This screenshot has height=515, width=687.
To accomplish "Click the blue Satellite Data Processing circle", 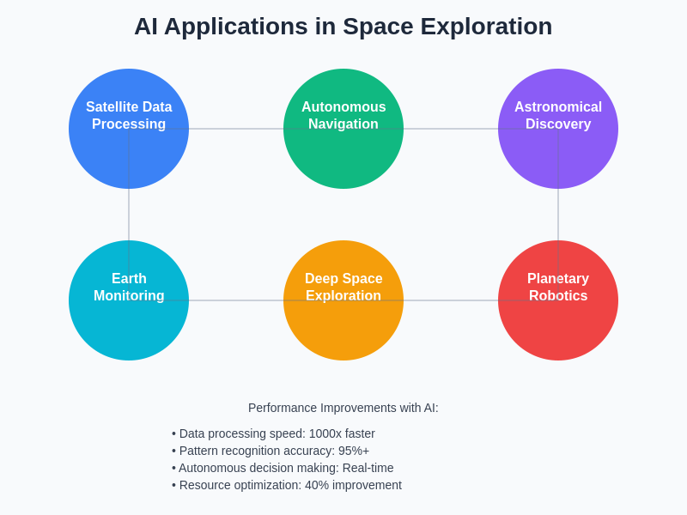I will tap(129, 154).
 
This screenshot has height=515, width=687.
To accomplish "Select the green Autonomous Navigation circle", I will tap(343, 159).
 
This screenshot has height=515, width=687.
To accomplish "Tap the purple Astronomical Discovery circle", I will tap(558, 159).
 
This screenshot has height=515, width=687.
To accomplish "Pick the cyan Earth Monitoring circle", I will tap(129, 330).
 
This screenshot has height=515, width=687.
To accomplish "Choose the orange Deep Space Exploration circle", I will tap(343, 330).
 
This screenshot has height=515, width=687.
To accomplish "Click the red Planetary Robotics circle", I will tap(558, 330).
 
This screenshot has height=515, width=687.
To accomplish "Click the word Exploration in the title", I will tap(486, 27).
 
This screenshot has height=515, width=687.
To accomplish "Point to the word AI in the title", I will tap(145, 27).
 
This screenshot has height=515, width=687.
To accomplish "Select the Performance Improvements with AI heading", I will tap(343, 408).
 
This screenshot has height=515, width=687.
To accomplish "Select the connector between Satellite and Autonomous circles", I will tap(236, 129).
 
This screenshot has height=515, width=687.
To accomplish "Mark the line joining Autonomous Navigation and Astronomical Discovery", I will tap(451, 129).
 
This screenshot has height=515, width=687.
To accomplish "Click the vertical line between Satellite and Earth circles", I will tap(129, 215).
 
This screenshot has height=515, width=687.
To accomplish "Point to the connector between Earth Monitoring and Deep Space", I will tap(236, 300).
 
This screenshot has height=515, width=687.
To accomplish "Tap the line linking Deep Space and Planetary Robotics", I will tap(451, 300).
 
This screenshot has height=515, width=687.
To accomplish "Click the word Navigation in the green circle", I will tap(343, 124).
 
